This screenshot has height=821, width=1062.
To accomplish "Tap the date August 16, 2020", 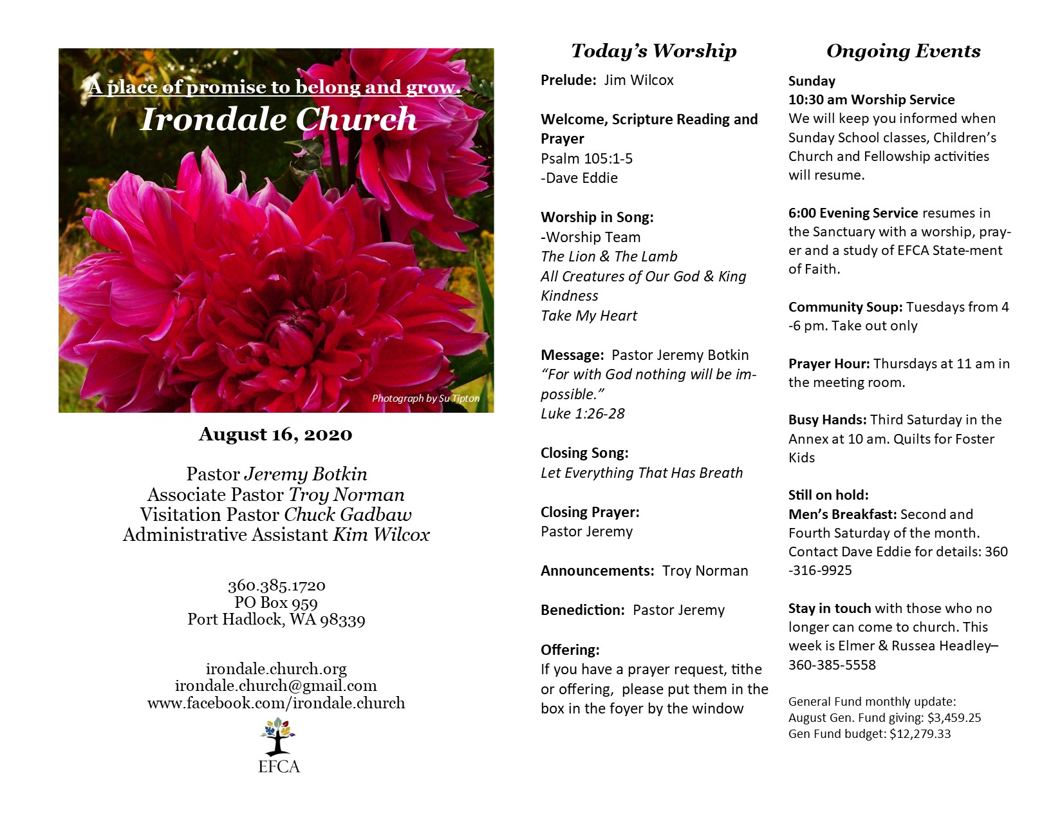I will [x=275, y=435].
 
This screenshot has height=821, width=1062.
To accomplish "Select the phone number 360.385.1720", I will [x=276, y=585].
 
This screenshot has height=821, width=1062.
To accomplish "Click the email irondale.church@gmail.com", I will [x=276, y=686].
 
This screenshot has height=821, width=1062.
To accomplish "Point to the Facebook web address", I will [x=276, y=703].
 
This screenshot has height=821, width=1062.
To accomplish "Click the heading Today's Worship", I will [x=653, y=51].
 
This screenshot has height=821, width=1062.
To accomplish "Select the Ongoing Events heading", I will [x=903, y=51].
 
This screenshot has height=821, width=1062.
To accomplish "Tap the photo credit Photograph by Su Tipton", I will [x=425, y=399].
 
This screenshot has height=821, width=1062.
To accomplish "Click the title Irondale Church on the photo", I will [x=279, y=119].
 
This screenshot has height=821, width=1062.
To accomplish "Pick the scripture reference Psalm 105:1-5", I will [x=586, y=158].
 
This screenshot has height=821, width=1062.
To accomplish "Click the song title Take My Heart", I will [x=589, y=316].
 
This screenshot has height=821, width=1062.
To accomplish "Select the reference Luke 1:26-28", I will [x=582, y=413].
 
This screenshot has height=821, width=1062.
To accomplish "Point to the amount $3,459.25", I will [x=954, y=717].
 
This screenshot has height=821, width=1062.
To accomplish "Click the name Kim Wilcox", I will [x=381, y=535].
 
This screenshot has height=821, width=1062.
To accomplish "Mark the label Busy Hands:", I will [x=827, y=420].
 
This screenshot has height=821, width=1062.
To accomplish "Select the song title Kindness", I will [x=570, y=296].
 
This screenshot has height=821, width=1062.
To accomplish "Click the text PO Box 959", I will [x=276, y=603].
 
